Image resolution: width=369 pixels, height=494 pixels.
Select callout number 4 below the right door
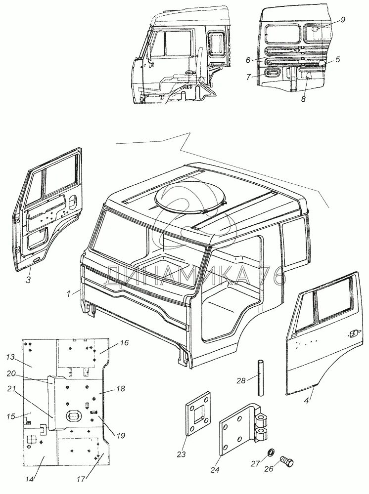point(306,401)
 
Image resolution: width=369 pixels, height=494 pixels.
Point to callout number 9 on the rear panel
point(343,20)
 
